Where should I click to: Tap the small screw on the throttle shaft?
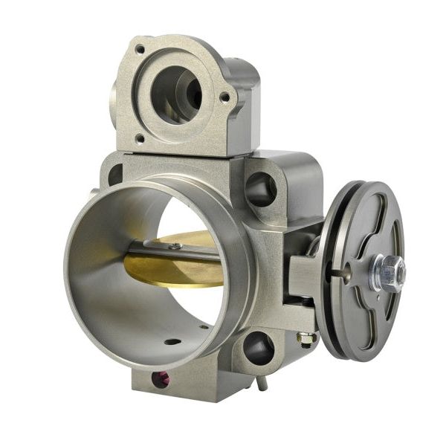point(175,246)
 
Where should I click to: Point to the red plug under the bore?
point(161,379)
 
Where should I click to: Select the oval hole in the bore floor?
point(172,342)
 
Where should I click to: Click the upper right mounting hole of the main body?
point(261,189)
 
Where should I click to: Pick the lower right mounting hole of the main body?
point(257,348)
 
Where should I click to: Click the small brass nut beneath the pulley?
point(306,339)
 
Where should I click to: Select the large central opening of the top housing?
point(176,94)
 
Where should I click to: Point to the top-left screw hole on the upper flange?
point(139,49)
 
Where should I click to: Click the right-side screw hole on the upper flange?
point(224,96)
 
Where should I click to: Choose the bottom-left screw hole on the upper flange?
point(139,138)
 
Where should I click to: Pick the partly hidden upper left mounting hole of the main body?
point(114,175)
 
